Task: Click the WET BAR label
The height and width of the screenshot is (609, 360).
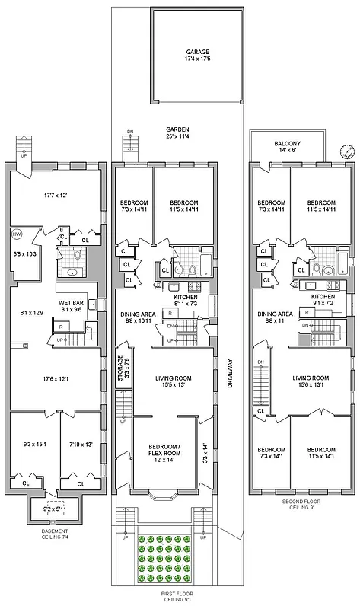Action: (71, 303)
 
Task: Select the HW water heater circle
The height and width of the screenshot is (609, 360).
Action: (18, 234)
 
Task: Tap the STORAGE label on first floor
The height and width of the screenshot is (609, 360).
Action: (119, 366)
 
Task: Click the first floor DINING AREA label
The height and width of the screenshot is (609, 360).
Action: (138, 317)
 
